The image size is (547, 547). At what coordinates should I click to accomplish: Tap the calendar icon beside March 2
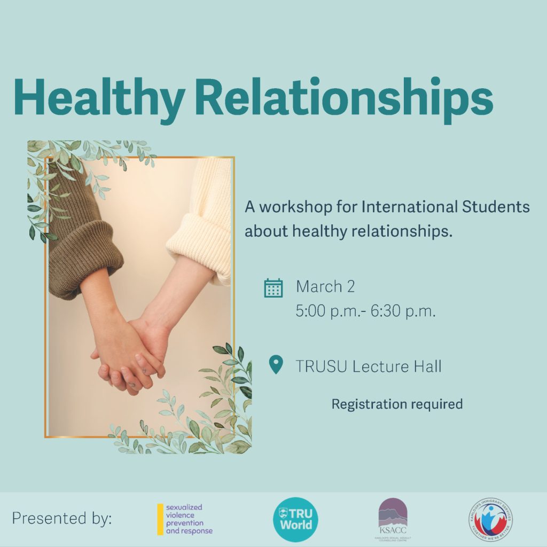(x=273, y=288)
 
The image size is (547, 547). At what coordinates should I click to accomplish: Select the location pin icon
(x=275, y=366)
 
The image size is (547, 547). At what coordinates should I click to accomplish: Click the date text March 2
(x=325, y=287)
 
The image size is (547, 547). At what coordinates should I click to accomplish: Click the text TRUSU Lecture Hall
(x=369, y=367)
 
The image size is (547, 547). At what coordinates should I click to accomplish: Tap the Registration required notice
(x=397, y=404)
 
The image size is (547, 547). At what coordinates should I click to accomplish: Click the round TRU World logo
(x=295, y=519)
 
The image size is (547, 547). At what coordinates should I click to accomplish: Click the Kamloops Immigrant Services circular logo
(x=491, y=519)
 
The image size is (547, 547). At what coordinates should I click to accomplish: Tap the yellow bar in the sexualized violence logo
(x=160, y=519)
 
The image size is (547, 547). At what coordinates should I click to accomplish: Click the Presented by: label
(x=62, y=519)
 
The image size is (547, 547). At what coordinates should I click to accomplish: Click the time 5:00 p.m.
(x=327, y=311)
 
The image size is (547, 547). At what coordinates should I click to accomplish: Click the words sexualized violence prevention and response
(x=189, y=519)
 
